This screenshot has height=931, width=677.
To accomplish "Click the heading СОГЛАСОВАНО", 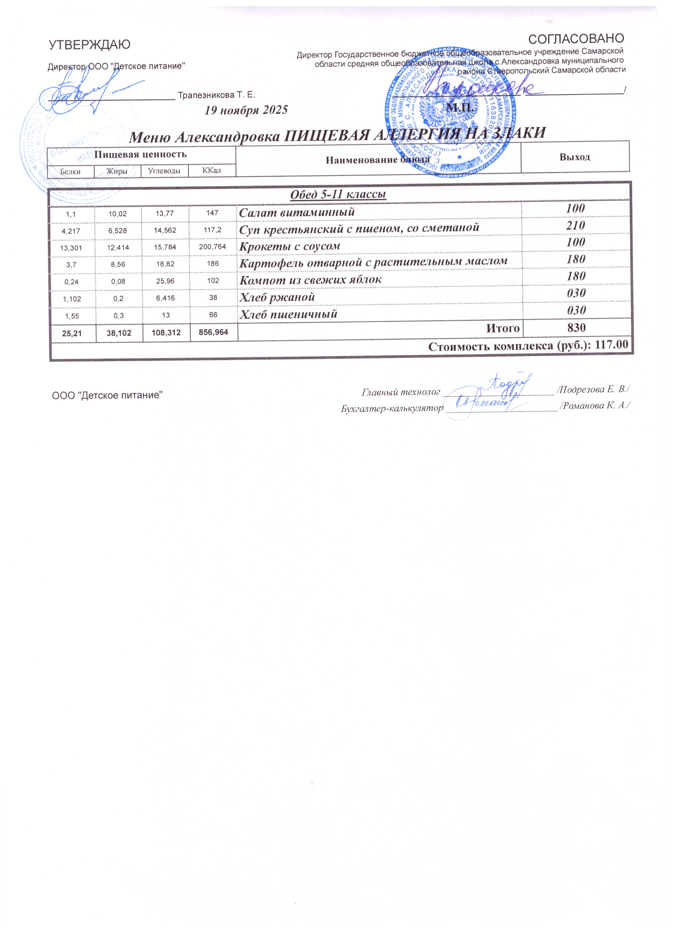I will (x=576, y=38).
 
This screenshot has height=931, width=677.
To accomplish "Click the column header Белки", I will (x=70, y=172).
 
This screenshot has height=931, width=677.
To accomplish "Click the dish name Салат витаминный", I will (x=297, y=213).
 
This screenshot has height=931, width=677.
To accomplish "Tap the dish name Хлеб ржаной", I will (x=277, y=297).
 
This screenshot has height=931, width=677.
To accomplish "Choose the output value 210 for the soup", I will (x=576, y=225).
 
